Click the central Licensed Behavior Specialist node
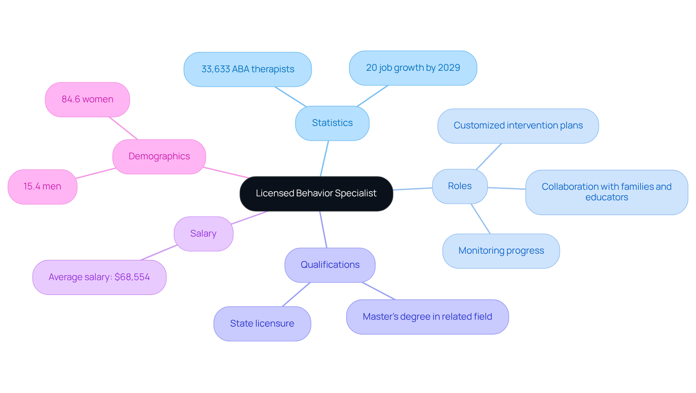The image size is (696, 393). click(316, 193)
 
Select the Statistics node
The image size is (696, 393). click(332, 123)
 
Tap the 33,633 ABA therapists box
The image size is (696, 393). click(248, 69)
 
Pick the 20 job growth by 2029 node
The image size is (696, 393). click(413, 68)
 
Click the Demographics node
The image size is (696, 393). click(159, 156)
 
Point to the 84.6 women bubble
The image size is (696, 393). click(87, 99)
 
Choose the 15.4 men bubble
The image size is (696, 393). click(42, 187)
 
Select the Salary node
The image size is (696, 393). click(203, 234)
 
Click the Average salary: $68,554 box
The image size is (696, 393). click(99, 277)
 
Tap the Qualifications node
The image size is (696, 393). click(330, 265)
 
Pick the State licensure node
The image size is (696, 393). click(262, 324)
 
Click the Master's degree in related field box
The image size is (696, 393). click(427, 317)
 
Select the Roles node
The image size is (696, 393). click(460, 186)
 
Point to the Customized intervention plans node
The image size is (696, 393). click(518, 126)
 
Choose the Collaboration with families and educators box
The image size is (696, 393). click(606, 192)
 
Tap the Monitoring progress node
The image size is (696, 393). click(501, 251)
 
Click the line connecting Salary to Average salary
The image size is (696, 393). click(159, 253)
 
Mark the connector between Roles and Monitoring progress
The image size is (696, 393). click(481, 219)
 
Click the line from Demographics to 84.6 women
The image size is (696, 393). click(124, 128)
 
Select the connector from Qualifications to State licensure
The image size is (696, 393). click(296, 294)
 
